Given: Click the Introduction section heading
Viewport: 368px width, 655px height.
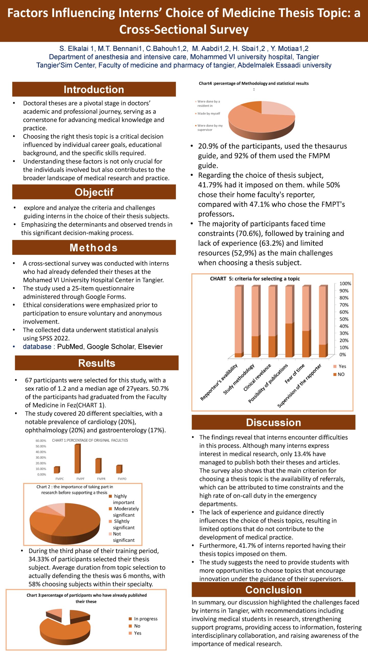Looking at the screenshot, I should coord(94,89).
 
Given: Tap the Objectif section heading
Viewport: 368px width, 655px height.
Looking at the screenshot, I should coord(94,192).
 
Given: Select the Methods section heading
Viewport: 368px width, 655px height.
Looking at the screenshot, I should coord(94,248).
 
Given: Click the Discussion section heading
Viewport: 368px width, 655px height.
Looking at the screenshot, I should coord(273,422).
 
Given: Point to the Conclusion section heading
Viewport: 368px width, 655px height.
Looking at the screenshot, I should coord(273,590).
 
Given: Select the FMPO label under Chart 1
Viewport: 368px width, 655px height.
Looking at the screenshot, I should coord(122,479).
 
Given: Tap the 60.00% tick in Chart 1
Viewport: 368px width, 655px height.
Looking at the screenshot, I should coord(41,441).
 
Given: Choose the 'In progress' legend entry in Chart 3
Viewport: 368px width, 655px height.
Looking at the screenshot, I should coord(145,619).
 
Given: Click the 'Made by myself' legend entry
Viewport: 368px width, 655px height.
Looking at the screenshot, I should coord(209,114).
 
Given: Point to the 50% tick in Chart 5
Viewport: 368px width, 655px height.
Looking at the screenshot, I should coord(344,319).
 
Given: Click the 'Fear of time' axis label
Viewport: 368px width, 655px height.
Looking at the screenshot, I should coord(295,374).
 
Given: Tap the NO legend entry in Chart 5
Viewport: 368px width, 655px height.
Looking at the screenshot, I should coord(341,374).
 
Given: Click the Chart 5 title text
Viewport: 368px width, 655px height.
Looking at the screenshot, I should coord(255,279).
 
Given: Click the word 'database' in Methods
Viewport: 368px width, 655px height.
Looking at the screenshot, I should coord(37,347).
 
